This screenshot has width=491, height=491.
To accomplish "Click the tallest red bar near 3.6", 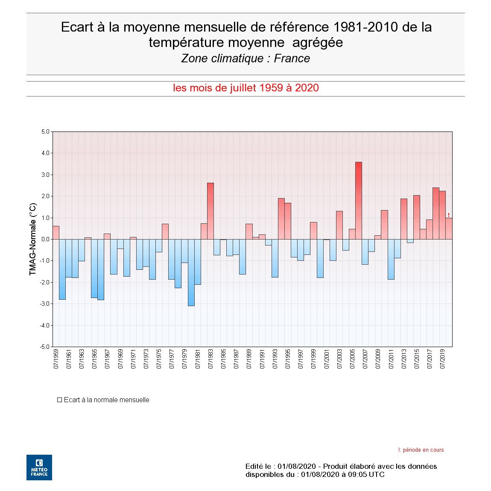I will point(359,201).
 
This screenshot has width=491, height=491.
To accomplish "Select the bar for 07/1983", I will point(210,211).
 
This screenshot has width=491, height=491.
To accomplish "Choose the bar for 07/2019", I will point(442,215).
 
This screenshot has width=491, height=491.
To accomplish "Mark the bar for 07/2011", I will point(391,259).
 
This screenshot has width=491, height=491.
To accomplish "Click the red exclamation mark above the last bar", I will point(449,215).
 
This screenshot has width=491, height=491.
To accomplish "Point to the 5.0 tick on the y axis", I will point(45,132).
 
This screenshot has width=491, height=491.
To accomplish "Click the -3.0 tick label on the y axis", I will point(45,304).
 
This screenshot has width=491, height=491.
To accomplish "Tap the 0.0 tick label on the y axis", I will point(45,240).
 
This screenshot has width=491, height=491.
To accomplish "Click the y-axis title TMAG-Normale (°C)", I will point(33,239).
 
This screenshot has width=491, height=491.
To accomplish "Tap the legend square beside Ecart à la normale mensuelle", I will point(60,400).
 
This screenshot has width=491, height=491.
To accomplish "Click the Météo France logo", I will point(39,468).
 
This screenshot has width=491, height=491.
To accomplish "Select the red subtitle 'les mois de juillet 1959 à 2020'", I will point(246,88).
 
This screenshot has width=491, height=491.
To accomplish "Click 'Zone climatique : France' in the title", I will point(245,58).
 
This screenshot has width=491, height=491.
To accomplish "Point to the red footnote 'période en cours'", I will point(423,450).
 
